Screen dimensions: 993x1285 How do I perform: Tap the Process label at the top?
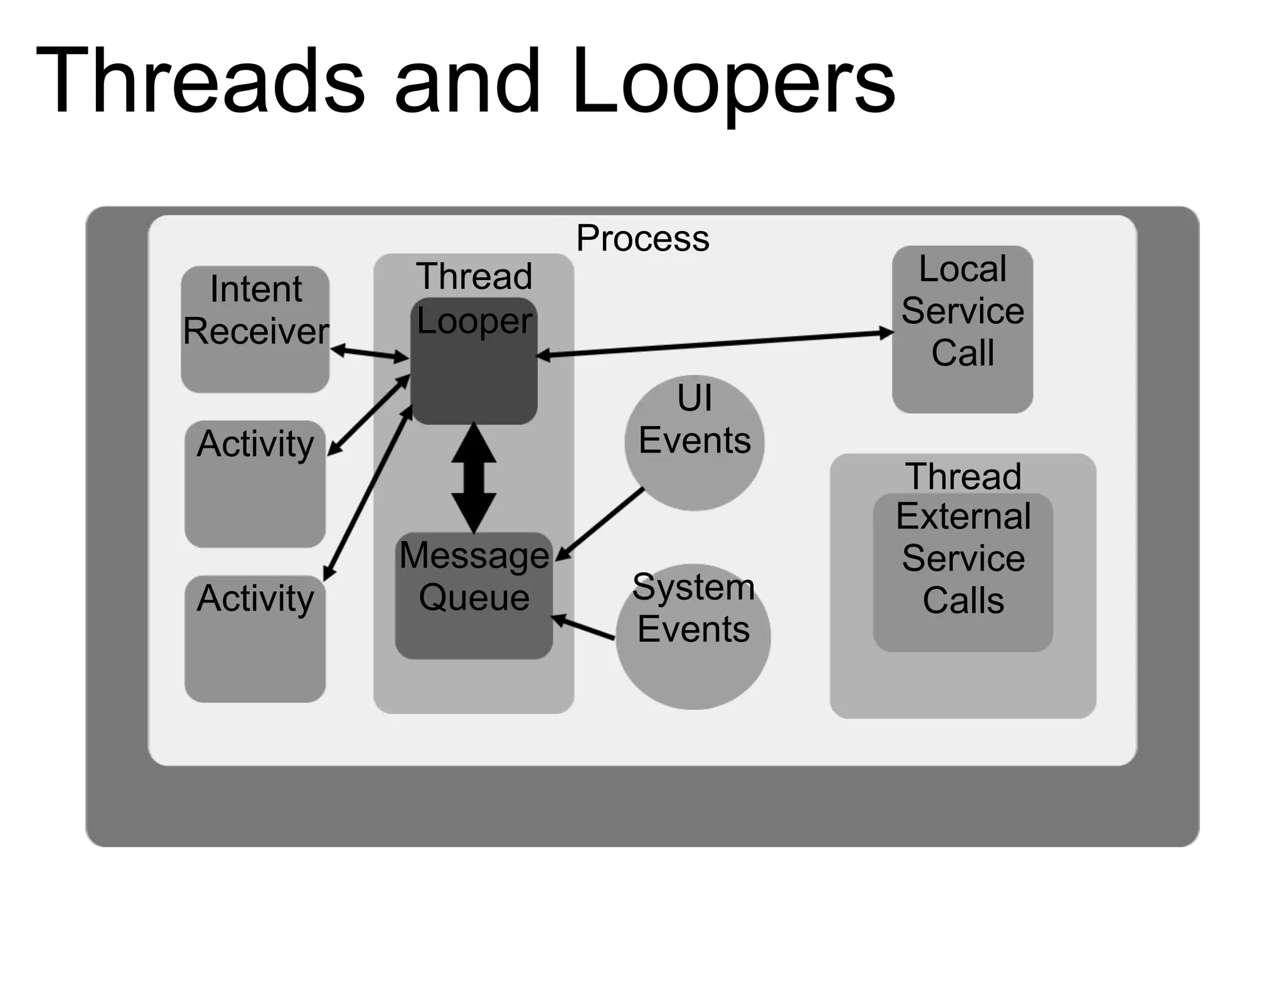coord(642,239)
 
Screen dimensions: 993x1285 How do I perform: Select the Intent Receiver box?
coord(255,330)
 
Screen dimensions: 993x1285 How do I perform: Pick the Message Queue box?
coord(474,596)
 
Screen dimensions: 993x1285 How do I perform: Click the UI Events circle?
coord(695,443)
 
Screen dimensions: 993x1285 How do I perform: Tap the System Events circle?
coord(693,637)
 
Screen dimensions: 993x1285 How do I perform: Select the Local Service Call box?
coord(962,330)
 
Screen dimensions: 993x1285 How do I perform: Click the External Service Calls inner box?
coord(963,571)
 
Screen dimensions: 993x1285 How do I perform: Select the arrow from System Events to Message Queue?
coord(584,628)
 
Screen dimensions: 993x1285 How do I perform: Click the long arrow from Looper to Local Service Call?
coord(715,344)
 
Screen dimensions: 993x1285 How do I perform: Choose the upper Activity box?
coord(255,483)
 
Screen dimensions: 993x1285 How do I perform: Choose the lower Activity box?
coord(255,638)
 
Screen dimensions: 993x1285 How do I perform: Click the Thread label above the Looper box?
coord(474,276)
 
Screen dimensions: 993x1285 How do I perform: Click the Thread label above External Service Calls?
coord(963,476)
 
